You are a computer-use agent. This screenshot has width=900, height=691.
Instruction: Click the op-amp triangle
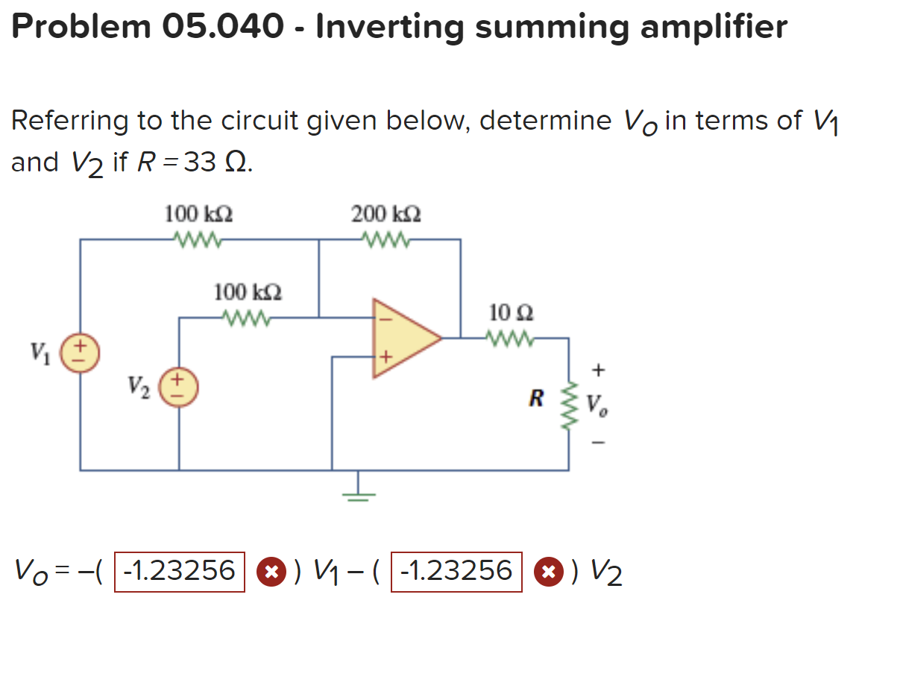tap(403, 338)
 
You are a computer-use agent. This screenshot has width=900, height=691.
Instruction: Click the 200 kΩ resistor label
tap(386, 215)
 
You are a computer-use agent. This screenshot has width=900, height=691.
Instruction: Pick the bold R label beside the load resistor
tap(535, 399)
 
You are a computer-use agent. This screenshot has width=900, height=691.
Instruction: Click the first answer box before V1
tap(179, 572)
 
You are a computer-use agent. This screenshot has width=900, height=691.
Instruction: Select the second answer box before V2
tap(456, 572)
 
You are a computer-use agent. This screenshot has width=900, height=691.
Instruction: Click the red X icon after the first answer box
tap(271, 572)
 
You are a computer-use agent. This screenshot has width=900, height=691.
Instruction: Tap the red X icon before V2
tap(547, 572)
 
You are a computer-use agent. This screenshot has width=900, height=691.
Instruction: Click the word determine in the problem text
tap(544, 120)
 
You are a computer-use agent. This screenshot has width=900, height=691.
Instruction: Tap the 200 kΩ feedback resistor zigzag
tap(386, 239)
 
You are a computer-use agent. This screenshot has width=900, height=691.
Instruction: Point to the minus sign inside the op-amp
tap(386, 317)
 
